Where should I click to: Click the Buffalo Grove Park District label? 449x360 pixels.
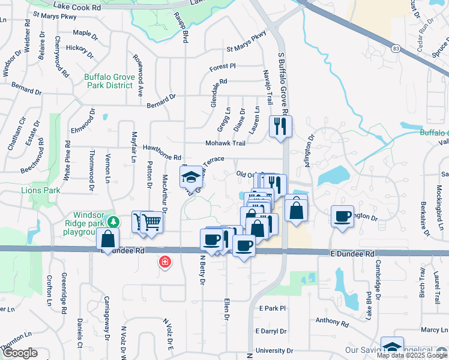(108, 81)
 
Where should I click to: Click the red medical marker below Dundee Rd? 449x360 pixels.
(164, 262)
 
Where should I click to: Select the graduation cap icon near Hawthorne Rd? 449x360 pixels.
(191, 177)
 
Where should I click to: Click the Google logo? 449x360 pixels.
(20, 353)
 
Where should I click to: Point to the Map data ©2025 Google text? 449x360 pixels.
(412, 355)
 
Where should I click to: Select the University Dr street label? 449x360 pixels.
(274, 350)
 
